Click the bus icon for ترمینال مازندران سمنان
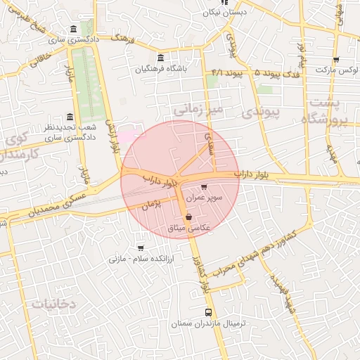tap(208, 313)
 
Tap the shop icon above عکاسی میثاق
tap(190, 217)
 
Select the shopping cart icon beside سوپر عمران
tap(204, 187)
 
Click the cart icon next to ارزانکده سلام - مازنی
tap(141, 247)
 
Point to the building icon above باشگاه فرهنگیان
tap(161, 58)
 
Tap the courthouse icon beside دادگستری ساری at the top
tap(74, 30)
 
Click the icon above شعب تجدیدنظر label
tap(69, 117)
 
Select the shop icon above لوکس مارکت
tap(335, 60)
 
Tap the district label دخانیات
tap(53, 303)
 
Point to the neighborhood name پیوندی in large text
tap(260, 112)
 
